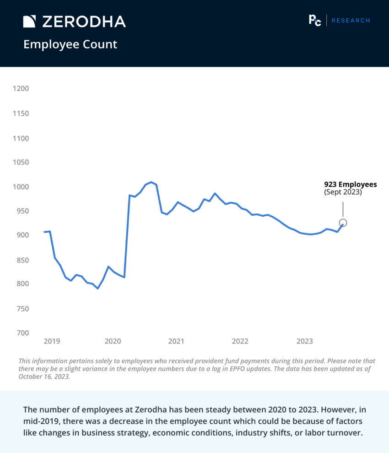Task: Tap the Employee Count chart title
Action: (x=70, y=44)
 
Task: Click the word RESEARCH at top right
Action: (x=351, y=21)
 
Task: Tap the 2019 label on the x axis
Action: (x=51, y=341)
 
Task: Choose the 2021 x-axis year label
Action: (x=176, y=341)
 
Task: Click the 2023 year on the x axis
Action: (x=305, y=341)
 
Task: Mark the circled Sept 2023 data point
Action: (x=343, y=223)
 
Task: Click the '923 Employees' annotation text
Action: (x=351, y=185)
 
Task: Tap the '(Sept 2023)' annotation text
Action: (x=343, y=192)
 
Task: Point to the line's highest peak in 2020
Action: (x=151, y=182)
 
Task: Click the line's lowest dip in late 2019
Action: (x=97, y=289)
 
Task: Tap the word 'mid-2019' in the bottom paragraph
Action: (x=39, y=420)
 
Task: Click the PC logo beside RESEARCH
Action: (x=315, y=20)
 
